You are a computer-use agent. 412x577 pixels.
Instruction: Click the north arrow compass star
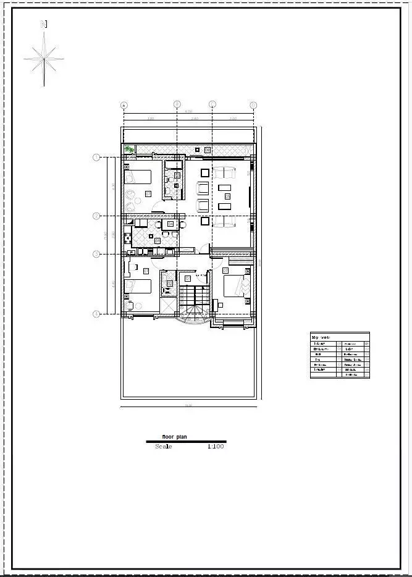(x=44, y=59)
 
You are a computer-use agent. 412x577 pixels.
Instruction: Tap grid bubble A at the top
(x=124, y=104)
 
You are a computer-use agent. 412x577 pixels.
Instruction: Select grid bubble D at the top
(x=253, y=104)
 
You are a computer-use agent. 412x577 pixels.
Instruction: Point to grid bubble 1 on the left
(x=96, y=158)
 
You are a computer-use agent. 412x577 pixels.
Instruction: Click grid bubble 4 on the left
(x=96, y=314)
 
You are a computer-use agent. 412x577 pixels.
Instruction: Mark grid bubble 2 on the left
(x=96, y=216)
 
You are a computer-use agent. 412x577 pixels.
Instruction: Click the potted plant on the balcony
(x=129, y=149)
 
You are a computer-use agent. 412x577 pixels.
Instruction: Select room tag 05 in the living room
(x=227, y=196)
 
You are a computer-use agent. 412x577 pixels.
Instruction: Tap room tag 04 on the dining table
(x=170, y=224)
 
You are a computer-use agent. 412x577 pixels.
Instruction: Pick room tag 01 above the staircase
(x=188, y=279)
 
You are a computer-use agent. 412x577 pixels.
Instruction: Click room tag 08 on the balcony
(x=207, y=150)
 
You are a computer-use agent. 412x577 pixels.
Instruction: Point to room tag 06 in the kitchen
(x=158, y=240)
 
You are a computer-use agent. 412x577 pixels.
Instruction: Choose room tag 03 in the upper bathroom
(x=177, y=175)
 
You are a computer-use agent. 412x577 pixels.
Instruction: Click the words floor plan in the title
(x=174, y=437)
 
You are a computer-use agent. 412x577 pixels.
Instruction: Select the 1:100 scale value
(x=216, y=446)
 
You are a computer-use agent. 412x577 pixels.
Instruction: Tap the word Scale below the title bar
(x=164, y=446)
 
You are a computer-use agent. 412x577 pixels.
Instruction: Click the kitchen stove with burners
(x=128, y=237)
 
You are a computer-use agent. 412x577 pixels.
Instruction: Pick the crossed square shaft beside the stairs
(x=169, y=305)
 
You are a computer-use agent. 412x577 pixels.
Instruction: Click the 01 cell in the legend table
(x=367, y=343)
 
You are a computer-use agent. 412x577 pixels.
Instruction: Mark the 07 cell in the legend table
(x=338, y=343)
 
